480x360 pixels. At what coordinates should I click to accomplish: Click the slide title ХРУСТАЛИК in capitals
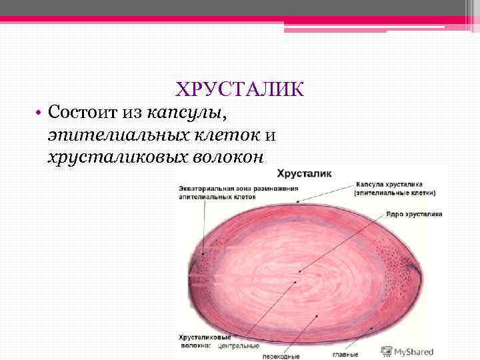239,89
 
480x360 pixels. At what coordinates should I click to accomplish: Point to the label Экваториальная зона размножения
238,189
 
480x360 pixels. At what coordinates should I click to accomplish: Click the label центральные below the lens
238,347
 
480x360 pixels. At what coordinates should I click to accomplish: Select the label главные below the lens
345,354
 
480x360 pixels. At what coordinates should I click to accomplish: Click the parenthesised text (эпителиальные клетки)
395,193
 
